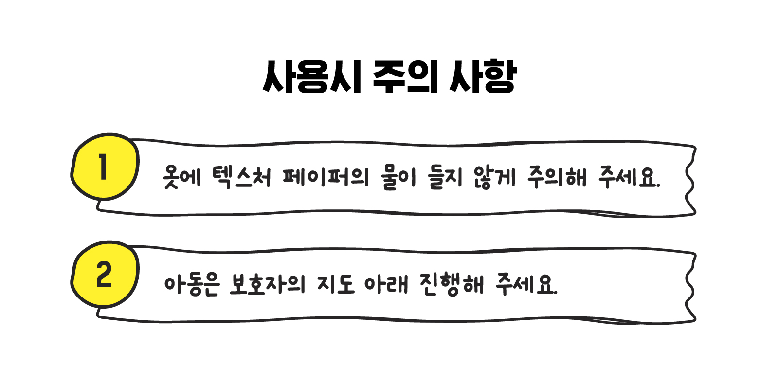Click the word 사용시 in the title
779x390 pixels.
coord(312,77)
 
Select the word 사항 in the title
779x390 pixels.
coord(482,77)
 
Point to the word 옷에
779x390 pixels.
coord(181,177)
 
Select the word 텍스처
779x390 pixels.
coord(241,177)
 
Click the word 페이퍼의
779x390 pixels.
coord(326,177)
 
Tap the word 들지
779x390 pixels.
coord(445,177)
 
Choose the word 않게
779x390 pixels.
coord(494,177)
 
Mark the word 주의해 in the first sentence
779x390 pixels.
coord(557,177)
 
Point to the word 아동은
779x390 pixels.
coord(192,284)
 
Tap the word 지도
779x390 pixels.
coord(336,284)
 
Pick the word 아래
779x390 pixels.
coord(386,284)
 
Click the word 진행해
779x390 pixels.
coord(452,284)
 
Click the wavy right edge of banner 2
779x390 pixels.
coord(690,287)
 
